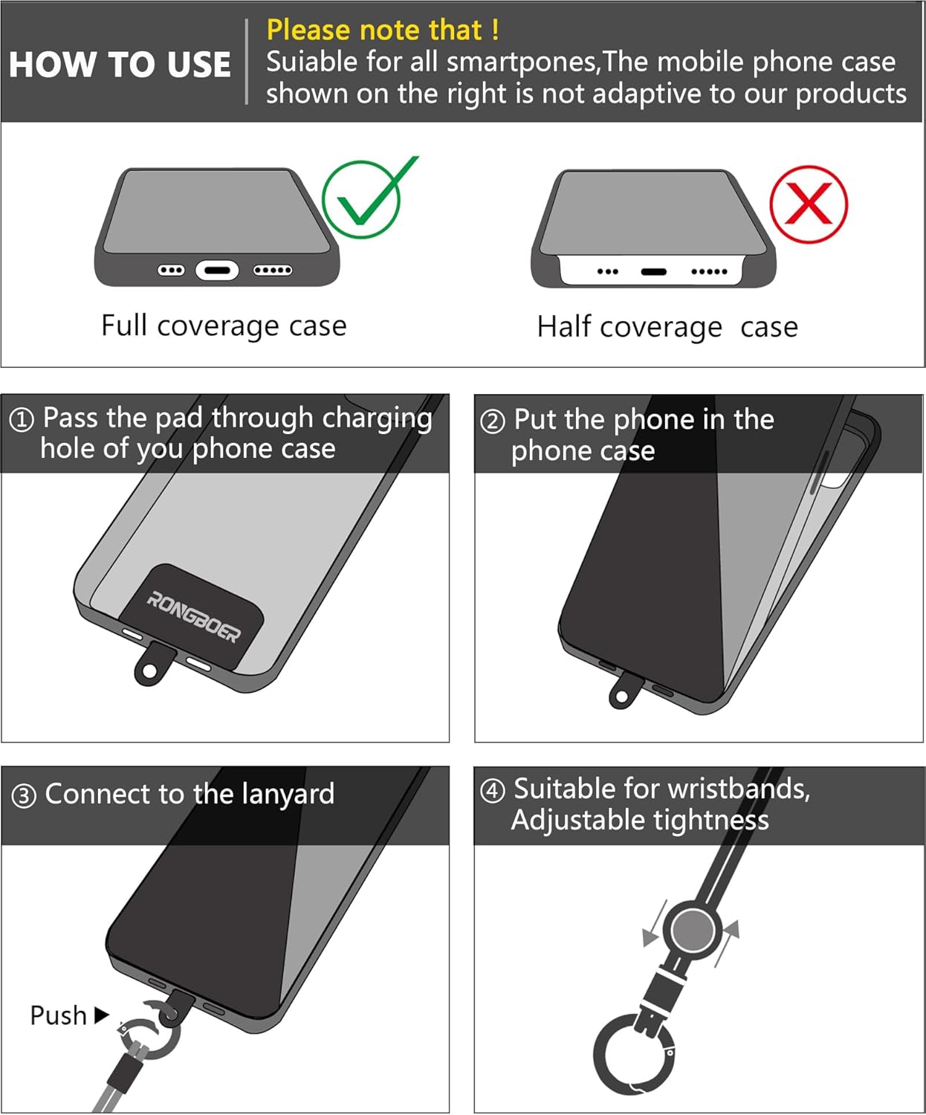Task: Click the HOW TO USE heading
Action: (x=120, y=65)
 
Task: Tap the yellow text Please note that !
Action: (x=383, y=30)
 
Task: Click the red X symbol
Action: (x=809, y=204)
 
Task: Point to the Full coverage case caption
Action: (x=224, y=326)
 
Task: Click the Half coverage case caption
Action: (x=667, y=327)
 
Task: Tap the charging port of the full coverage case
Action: (x=217, y=271)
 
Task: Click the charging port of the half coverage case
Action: (x=654, y=272)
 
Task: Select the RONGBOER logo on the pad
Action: (x=194, y=617)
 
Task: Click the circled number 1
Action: (x=22, y=420)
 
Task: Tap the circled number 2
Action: (x=493, y=421)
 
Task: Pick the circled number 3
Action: (x=24, y=796)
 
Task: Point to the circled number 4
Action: (x=493, y=791)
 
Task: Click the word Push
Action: (x=58, y=1015)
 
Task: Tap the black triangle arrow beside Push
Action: (x=102, y=1015)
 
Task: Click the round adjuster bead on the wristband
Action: (x=693, y=930)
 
